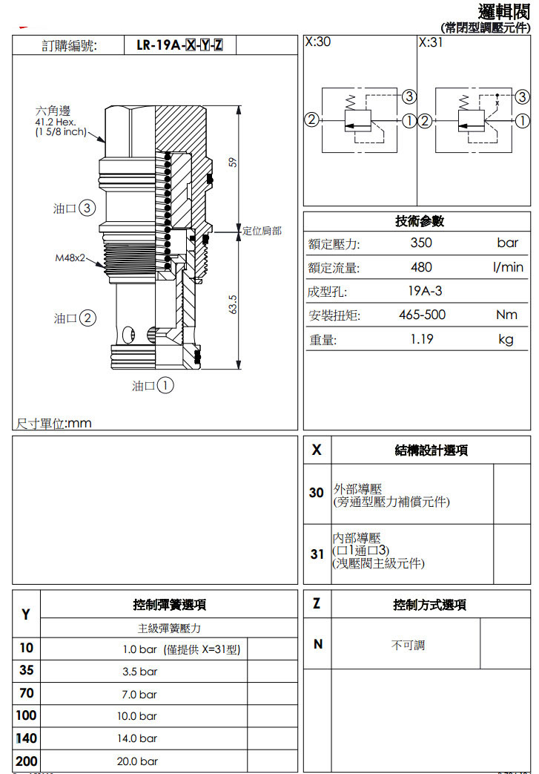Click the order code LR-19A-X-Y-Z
(180, 45)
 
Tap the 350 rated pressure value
(421, 243)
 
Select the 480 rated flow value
(421, 267)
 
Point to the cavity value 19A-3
(426, 291)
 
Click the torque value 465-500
(423, 315)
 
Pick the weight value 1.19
(421, 339)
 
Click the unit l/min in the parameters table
(508, 267)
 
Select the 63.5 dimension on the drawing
(232, 304)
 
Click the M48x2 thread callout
(70, 258)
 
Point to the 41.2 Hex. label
(56, 122)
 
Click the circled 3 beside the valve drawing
(87, 209)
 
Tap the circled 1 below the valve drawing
(165, 386)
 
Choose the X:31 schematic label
(431, 42)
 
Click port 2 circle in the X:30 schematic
(312, 119)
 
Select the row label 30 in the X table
(317, 493)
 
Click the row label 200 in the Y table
(26, 761)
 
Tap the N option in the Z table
(318, 644)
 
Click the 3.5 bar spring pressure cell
(139, 672)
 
